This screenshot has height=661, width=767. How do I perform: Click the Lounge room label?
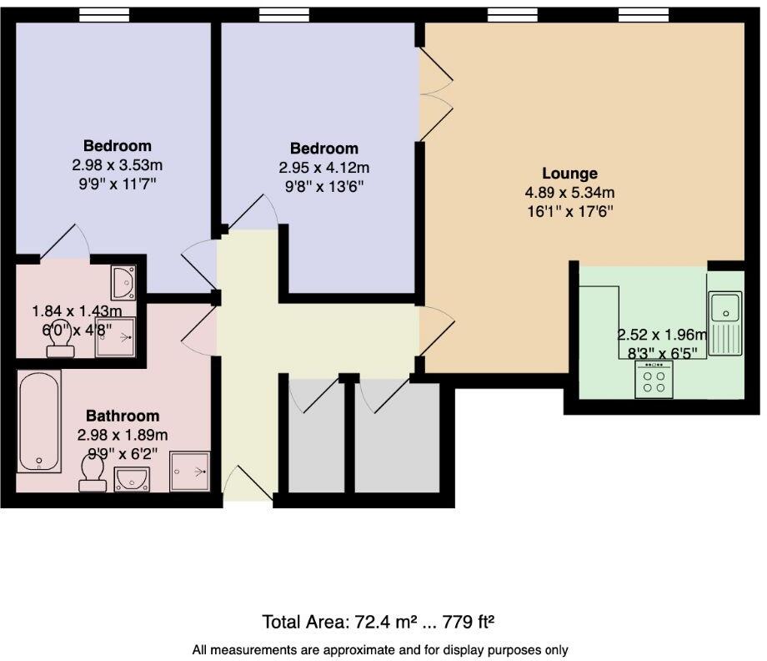click(x=569, y=174)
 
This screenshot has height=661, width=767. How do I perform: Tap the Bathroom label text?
click(x=123, y=416)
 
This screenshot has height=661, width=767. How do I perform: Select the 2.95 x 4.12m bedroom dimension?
click(x=323, y=168)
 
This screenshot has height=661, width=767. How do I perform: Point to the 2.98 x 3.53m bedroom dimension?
click(x=117, y=165)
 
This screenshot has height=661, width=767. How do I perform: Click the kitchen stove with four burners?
click(x=654, y=380)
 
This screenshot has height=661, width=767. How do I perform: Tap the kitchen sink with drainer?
click(x=725, y=323)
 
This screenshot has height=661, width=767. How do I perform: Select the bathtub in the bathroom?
click(x=39, y=421)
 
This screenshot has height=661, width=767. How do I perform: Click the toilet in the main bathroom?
click(x=93, y=472)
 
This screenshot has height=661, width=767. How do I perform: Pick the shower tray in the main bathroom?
click(x=190, y=472)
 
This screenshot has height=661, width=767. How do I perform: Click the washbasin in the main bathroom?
click(x=132, y=479)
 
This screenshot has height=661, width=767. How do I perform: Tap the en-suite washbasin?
click(x=123, y=283)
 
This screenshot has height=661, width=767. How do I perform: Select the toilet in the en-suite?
click(x=61, y=346)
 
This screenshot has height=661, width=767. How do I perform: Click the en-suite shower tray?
click(x=115, y=337)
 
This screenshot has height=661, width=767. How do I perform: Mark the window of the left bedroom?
click(x=104, y=15)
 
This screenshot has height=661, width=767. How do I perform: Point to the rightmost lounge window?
click(x=644, y=15)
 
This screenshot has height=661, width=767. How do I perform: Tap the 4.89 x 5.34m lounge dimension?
click(x=569, y=193)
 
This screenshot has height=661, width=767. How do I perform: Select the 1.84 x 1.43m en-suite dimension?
click(x=77, y=311)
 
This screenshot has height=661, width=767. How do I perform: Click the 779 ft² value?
click(x=469, y=623)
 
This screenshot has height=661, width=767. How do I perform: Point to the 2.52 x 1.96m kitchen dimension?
click(x=662, y=335)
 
